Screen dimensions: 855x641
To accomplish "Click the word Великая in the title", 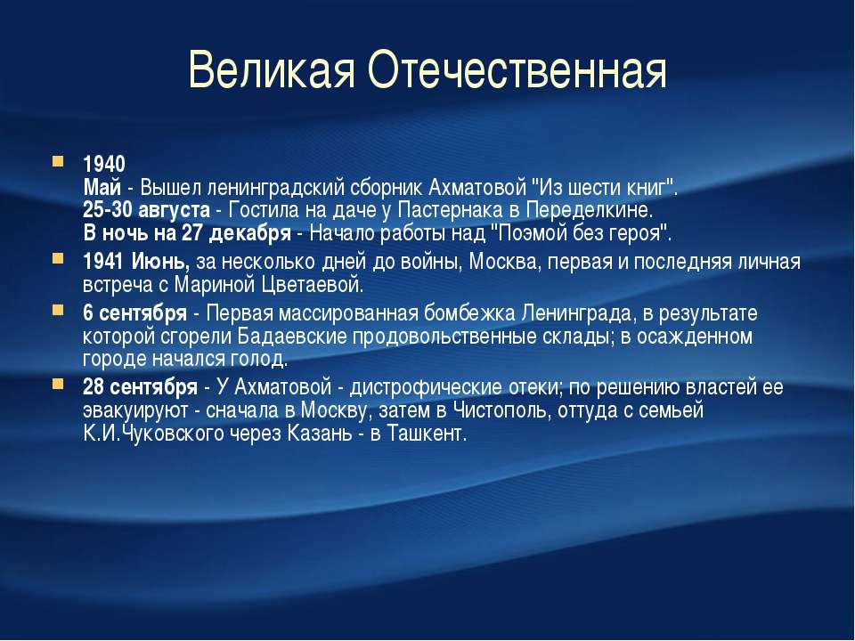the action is [272, 69].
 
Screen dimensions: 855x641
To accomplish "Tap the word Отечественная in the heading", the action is [517, 69].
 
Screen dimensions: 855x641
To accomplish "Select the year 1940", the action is [104, 164].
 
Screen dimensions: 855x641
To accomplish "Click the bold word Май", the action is [102, 188].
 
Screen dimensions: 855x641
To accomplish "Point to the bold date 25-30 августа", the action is [146, 210].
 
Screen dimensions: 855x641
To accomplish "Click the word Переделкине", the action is [589, 210].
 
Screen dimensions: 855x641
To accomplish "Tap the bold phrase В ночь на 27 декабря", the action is [187, 233].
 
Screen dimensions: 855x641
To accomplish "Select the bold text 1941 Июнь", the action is [136, 262].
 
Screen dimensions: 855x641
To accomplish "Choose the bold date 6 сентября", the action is [134, 312].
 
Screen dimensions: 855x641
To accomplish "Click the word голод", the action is [259, 359].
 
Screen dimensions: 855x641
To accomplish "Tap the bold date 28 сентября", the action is [140, 387].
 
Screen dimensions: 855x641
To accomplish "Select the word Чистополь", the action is [500, 410].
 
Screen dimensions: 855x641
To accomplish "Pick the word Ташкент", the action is [427, 434].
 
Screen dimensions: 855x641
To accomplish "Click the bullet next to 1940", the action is [58, 161].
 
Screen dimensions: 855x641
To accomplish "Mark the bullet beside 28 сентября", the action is [58, 385].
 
